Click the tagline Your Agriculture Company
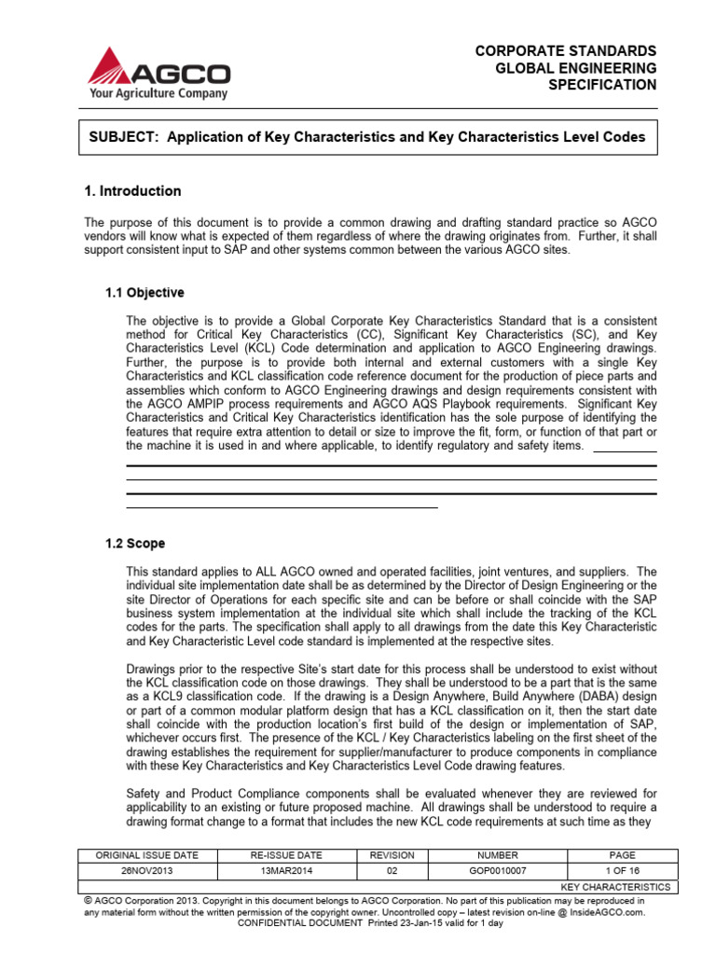click(x=158, y=93)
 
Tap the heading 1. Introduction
click(x=132, y=191)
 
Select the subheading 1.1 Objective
click(x=145, y=293)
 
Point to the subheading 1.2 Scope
click(x=135, y=544)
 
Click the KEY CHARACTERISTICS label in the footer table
click(x=615, y=886)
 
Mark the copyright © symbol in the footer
click(x=87, y=901)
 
